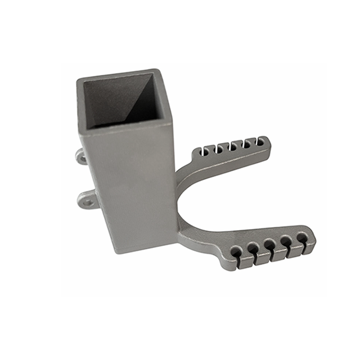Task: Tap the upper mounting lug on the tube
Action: [82, 156]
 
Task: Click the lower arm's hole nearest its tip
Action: [302, 237]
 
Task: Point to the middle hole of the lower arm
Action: [270, 245]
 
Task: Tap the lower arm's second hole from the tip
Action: [286, 241]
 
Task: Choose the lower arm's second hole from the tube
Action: [254, 248]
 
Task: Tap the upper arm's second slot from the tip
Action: [247, 143]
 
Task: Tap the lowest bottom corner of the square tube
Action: [117, 252]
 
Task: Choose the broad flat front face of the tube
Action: [132, 186]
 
